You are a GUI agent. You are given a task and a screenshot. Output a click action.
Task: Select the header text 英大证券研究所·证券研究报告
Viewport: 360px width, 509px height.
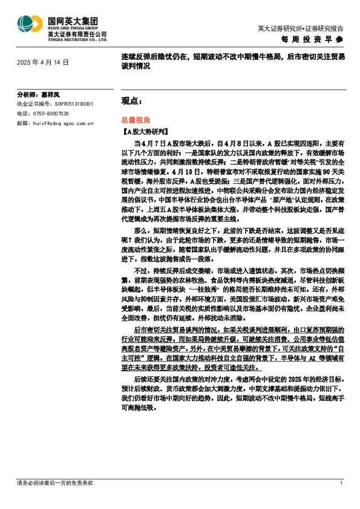coord(300,28)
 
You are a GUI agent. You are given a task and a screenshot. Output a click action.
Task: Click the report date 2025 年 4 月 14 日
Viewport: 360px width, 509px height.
coord(43,62)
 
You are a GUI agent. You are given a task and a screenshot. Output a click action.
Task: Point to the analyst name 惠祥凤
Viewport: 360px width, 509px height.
coord(51,95)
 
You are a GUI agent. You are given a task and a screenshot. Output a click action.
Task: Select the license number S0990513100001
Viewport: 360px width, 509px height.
coord(72,104)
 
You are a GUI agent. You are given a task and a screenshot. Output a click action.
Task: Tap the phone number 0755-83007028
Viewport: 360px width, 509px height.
coord(51,113)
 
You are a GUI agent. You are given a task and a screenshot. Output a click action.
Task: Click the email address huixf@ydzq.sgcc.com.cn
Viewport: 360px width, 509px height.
coord(62,123)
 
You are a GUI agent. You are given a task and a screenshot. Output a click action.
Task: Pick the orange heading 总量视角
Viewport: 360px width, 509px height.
coord(127,120)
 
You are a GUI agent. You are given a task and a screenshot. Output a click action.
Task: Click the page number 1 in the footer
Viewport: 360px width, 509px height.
coord(342,483)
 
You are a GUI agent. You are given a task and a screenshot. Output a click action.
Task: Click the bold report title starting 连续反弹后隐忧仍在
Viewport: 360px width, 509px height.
coord(232,62)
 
